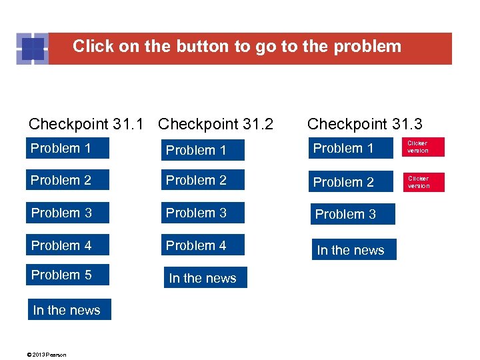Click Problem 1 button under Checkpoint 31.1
click(67, 148)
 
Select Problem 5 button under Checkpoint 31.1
click(67, 275)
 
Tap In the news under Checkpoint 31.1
click(69, 310)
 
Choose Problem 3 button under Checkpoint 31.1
click(67, 213)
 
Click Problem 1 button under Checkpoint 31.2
click(203, 150)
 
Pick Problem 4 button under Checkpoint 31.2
click(203, 245)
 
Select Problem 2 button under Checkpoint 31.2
click(203, 180)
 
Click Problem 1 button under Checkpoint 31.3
click(351, 148)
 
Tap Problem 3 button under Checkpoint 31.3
click(352, 214)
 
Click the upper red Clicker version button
click(423, 147)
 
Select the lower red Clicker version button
click(423, 182)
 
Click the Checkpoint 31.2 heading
click(216, 124)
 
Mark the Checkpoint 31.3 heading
click(365, 124)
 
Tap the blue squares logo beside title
click(32, 48)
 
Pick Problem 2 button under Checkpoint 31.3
click(351, 181)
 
